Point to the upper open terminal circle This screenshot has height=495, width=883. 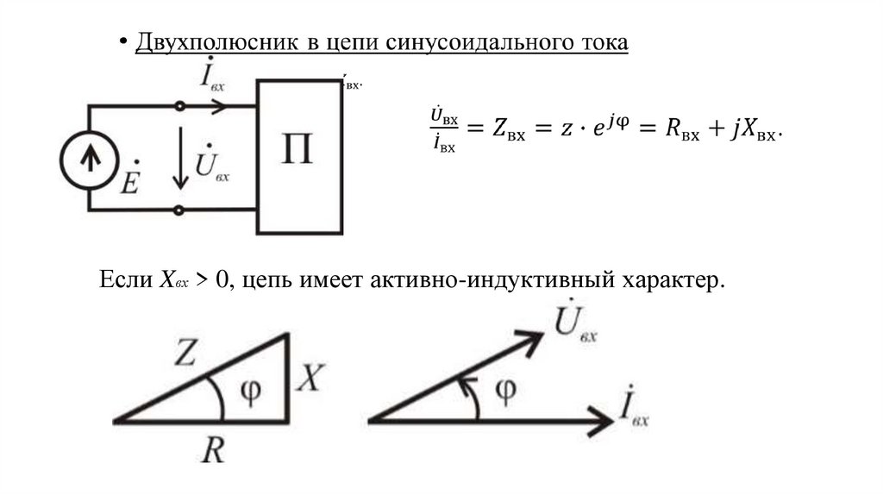tap(179, 106)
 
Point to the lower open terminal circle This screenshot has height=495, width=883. tap(179, 210)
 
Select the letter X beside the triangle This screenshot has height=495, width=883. tap(308, 378)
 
